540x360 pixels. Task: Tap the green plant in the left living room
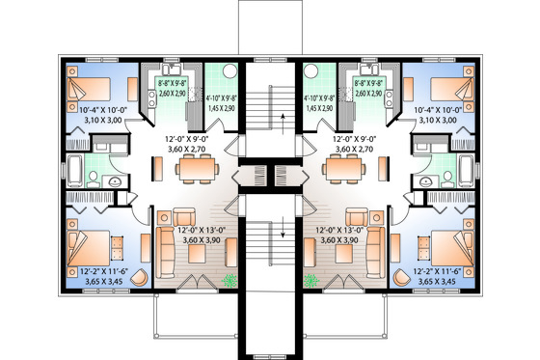click(229, 280)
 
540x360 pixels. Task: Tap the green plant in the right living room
click(310, 280)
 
